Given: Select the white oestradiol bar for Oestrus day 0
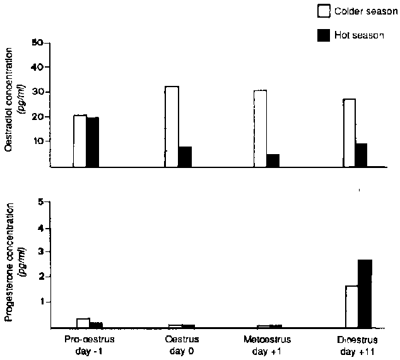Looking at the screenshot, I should tap(172, 126).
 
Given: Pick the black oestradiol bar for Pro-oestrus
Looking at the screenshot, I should tap(93, 142).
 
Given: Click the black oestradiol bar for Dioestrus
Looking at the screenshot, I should tap(362, 155).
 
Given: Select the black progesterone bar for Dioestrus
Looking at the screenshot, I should tap(365, 294).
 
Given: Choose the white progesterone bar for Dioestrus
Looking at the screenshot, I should tap(351, 307).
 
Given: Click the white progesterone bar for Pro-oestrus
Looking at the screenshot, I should tap(83, 323).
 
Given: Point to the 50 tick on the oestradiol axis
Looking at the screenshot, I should tap(37, 43).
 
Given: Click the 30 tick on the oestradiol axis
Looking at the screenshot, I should tap(37, 92).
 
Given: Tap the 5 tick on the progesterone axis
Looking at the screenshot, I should tap(40, 203).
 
